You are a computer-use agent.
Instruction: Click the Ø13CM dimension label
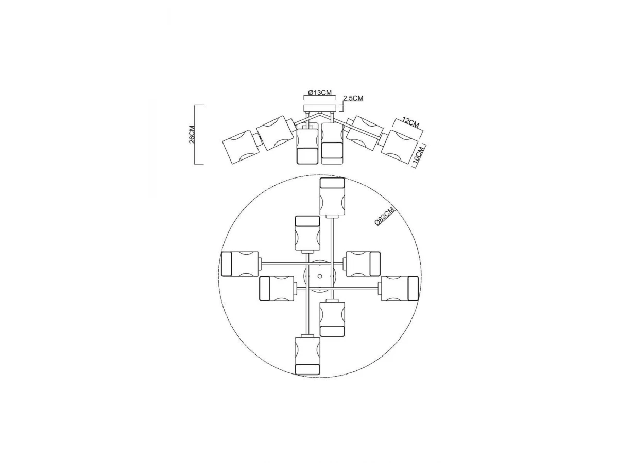pos(320,92)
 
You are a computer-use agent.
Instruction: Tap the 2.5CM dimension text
pos(353,98)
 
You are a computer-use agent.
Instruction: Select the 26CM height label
pos(192,134)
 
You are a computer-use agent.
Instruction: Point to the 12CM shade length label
pos(410,122)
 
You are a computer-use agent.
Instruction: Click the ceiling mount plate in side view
pos(320,109)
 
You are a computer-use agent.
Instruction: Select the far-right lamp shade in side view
pos(399,147)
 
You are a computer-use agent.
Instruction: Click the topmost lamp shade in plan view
pos(332,196)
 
